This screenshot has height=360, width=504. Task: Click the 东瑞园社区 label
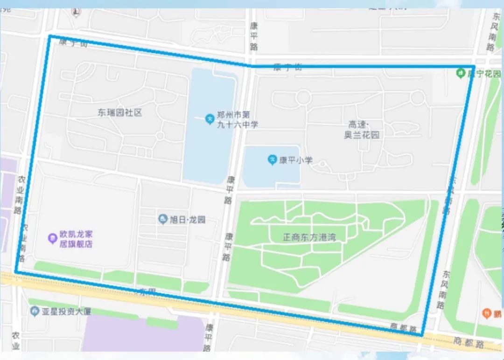coord(119,112)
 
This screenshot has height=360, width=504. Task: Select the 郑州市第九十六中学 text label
coord(237,120)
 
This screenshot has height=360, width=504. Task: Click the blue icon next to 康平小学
coord(272,160)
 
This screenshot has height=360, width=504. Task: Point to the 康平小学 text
coord(295,160)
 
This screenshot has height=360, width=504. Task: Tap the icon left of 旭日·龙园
coord(163,219)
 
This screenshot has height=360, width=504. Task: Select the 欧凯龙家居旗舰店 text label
coord(76,239)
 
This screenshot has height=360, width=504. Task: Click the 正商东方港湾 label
coord(309,237)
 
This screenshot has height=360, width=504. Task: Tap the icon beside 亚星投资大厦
coord(34,311)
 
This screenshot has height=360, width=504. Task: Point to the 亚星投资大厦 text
coord(62,311)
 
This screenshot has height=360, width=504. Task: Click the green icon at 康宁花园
coord(461,73)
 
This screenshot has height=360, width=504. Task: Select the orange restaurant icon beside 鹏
coord(487,313)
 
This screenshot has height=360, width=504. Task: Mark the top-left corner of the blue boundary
coord(49,36)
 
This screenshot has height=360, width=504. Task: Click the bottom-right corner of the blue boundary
coord(422,335)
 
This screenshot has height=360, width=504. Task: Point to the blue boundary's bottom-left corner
coord(16,271)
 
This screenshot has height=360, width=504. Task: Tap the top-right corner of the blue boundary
coord(474,67)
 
